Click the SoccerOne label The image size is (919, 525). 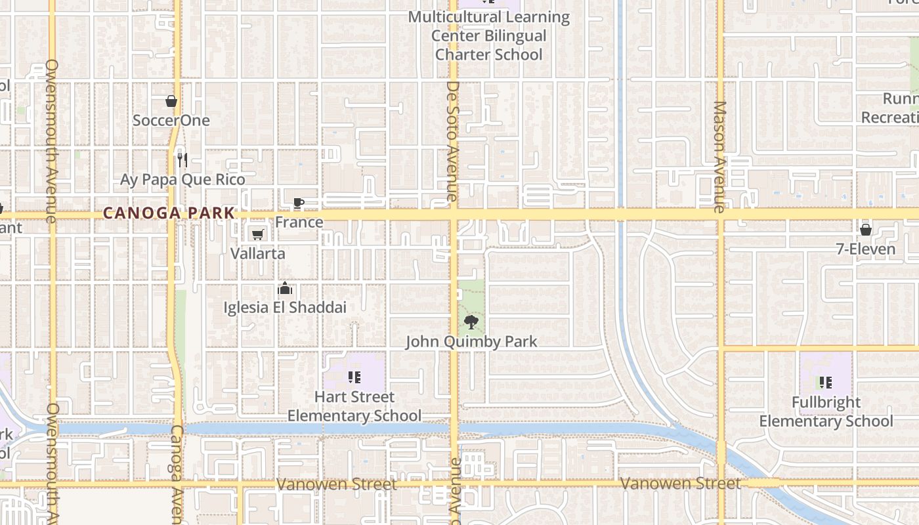tap(171, 121)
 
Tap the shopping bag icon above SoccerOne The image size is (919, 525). tap(171, 101)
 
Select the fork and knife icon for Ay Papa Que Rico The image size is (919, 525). tap(182, 159)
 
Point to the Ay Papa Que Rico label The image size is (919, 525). tap(182, 180)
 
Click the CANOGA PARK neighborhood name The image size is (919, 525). tap(169, 213)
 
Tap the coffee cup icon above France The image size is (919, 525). tap(298, 203)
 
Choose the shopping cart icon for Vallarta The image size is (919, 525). tap(258, 234)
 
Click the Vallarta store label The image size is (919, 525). tap(258, 253)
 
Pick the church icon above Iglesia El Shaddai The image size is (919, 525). tap(285, 288)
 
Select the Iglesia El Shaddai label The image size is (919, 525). tap(285, 307)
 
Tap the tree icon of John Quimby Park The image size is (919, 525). tap(471, 322)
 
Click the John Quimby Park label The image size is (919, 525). tap(471, 342)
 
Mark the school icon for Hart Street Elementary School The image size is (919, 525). tap(354, 377)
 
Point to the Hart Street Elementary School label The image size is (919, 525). tap(354, 406)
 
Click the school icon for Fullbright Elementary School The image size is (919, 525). tap(826, 382)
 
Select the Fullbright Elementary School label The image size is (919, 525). tap(826, 411)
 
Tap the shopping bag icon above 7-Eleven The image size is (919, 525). tap(866, 230)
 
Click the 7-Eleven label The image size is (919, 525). tap(866, 249)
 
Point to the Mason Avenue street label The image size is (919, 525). tap(720, 157)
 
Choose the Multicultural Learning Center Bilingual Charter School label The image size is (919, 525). tap(489, 35)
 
